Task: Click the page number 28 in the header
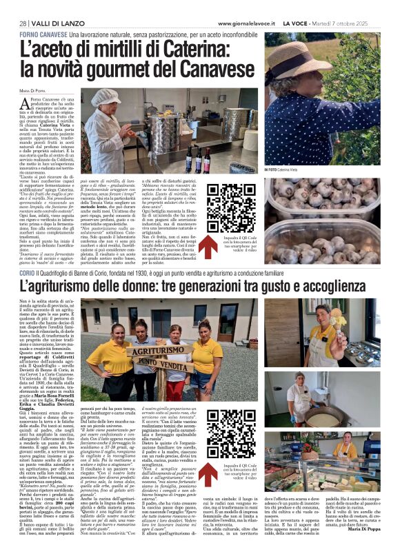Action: click(x=22, y=23)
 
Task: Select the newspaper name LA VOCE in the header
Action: click(x=297, y=23)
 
